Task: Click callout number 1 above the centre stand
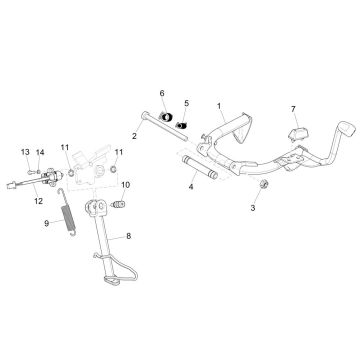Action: tap(219, 105)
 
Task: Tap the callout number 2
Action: tap(132, 135)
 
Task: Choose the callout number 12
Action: tap(39, 200)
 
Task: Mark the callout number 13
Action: tap(25, 152)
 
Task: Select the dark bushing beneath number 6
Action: tap(167, 122)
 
